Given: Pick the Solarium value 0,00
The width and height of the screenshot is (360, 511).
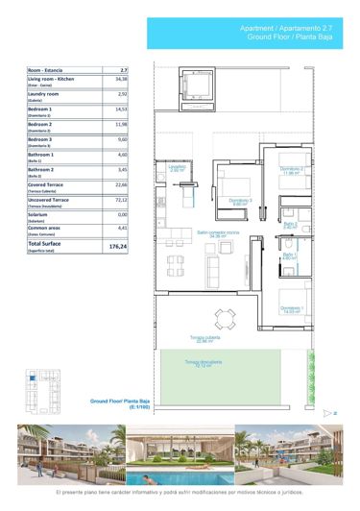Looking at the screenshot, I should coord(122,214).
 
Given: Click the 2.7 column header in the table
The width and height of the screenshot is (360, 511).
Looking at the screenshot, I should coord(122,69).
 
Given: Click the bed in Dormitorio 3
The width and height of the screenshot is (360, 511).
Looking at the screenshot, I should coord(235,183).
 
